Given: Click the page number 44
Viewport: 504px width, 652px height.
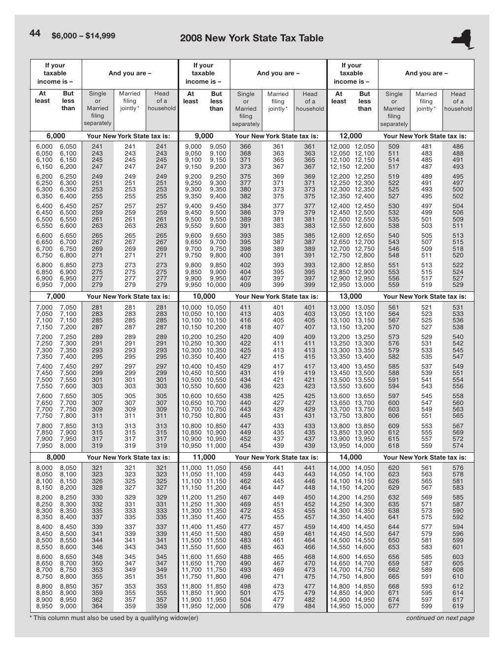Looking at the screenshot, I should click(x=34, y=33).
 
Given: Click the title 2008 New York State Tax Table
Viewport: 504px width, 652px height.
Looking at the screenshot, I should click(x=252, y=38).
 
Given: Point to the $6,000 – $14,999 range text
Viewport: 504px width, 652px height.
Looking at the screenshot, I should click(x=83, y=35).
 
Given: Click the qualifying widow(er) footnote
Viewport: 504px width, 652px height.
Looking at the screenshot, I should click(x=114, y=618).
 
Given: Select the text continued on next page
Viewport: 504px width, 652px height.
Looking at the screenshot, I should click(x=440, y=618).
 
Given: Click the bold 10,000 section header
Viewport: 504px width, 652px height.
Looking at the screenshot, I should click(x=204, y=296).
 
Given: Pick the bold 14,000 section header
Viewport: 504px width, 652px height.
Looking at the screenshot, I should click(x=351, y=457).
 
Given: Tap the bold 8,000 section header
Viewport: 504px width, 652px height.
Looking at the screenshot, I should click(x=56, y=457).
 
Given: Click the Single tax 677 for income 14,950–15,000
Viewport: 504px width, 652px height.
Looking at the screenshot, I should click(x=394, y=606).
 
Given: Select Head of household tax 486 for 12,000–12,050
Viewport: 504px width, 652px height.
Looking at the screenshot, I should click(x=458, y=147).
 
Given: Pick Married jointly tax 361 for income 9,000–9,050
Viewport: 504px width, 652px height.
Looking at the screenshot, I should click(x=278, y=147).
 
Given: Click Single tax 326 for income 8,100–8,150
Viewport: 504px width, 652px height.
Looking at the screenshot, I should click(x=97, y=481).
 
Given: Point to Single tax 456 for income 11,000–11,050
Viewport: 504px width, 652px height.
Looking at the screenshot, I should click(x=245, y=468).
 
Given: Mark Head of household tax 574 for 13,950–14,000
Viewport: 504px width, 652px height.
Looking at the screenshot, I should click(x=458, y=446).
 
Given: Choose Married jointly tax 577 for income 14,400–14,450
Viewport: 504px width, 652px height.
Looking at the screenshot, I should click(x=426, y=527).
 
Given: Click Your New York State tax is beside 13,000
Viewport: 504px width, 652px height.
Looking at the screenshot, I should click(x=425, y=297).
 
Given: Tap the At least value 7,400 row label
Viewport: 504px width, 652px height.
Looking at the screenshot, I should click(x=44, y=367).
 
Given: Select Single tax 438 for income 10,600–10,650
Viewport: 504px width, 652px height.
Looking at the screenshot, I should click(x=245, y=396).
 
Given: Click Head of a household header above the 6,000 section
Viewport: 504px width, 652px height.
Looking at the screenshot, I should click(x=161, y=101).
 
